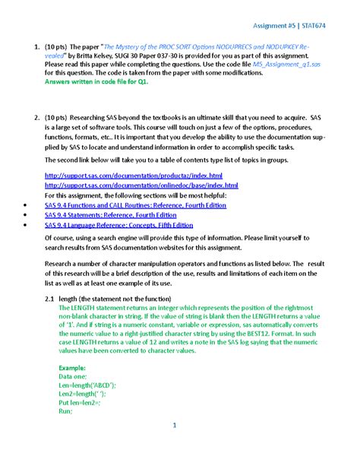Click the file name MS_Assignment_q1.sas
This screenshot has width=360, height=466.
287,66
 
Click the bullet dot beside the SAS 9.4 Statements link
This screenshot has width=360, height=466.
27,215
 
